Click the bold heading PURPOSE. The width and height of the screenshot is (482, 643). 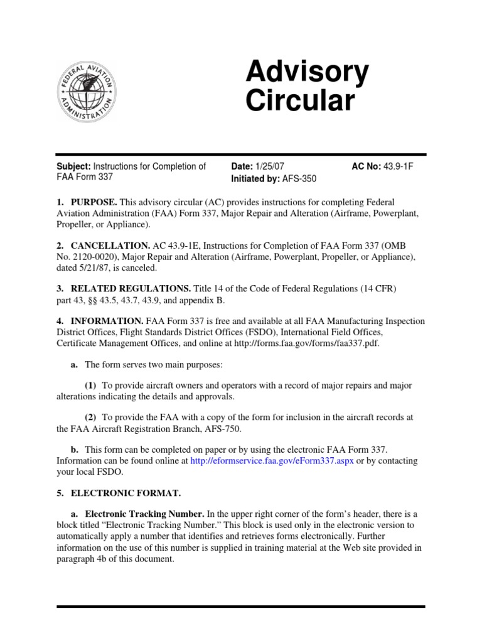pos(94,202)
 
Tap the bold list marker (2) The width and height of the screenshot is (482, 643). pos(92,417)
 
